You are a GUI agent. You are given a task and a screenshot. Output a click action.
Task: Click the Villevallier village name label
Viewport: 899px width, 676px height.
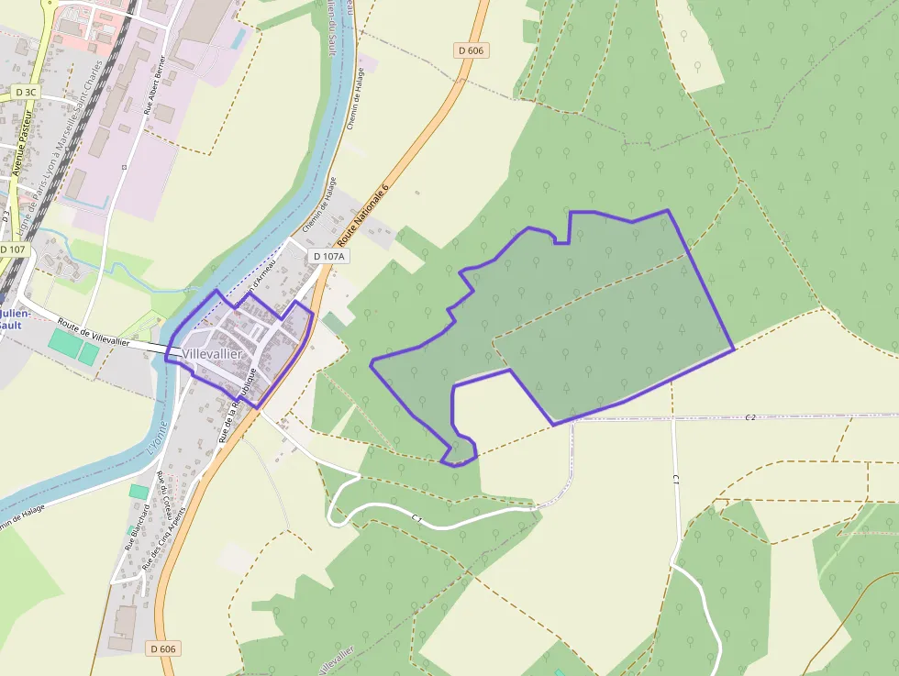[212, 354]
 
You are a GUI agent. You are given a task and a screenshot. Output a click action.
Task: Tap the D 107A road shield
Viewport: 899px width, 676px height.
[328, 257]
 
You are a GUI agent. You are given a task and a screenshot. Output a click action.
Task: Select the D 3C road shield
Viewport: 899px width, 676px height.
[26, 93]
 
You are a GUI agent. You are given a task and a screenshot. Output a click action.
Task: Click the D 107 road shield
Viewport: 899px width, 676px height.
[14, 249]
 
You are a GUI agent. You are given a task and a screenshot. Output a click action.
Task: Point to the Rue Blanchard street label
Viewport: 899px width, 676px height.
[138, 531]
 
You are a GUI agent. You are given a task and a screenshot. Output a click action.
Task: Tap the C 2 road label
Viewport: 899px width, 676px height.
[750, 417]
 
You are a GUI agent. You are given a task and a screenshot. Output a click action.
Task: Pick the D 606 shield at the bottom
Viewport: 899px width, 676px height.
[162, 648]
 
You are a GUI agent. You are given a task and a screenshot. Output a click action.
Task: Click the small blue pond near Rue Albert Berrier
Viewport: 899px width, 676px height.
[240, 38]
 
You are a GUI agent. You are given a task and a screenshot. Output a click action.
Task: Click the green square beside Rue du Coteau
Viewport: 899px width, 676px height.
[139, 492]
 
